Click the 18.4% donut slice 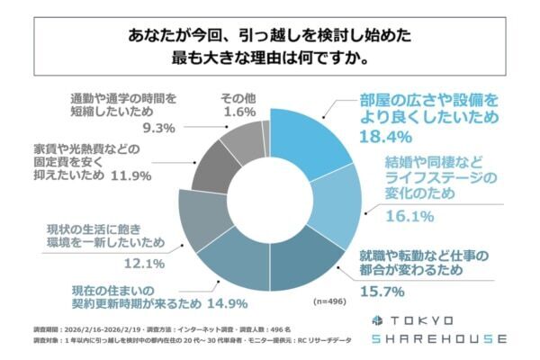310,140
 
